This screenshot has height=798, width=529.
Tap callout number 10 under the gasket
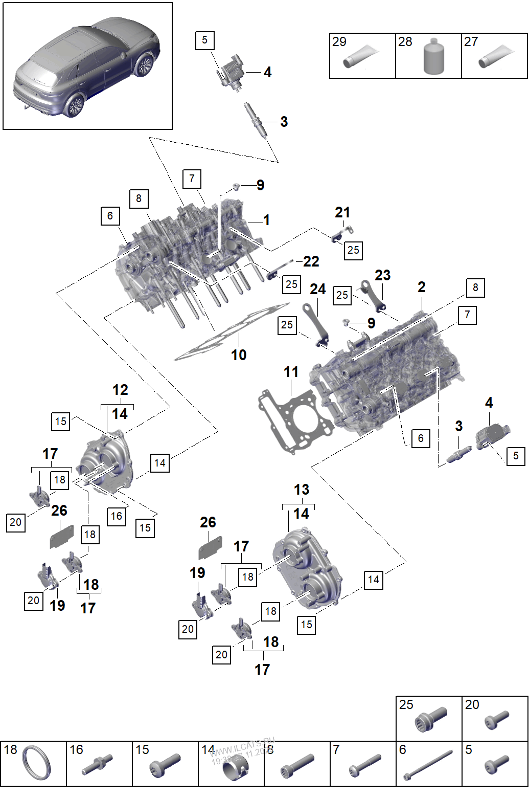(x=239, y=354)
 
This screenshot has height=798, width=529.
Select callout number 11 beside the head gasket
(x=291, y=372)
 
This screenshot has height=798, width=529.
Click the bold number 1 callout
(x=266, y=220)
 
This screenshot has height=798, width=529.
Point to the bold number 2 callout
(x=421, y=287)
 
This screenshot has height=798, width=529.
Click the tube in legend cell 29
(x=361, y=56)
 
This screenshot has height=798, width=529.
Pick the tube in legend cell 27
(x=495, y=56)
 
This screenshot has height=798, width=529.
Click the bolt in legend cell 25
(x=431, y=719)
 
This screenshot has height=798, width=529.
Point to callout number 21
(x=342, y=212)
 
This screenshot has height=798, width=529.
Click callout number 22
(x=311, y=261)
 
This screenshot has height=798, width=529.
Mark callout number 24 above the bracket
(x=317, y=289)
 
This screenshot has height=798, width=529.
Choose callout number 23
(x=382, y=275)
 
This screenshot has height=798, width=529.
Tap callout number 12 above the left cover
(x=120, y=390)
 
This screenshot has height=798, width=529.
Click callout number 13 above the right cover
(x=302, y=490)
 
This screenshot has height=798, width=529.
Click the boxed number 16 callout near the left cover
(x=117, y=516)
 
